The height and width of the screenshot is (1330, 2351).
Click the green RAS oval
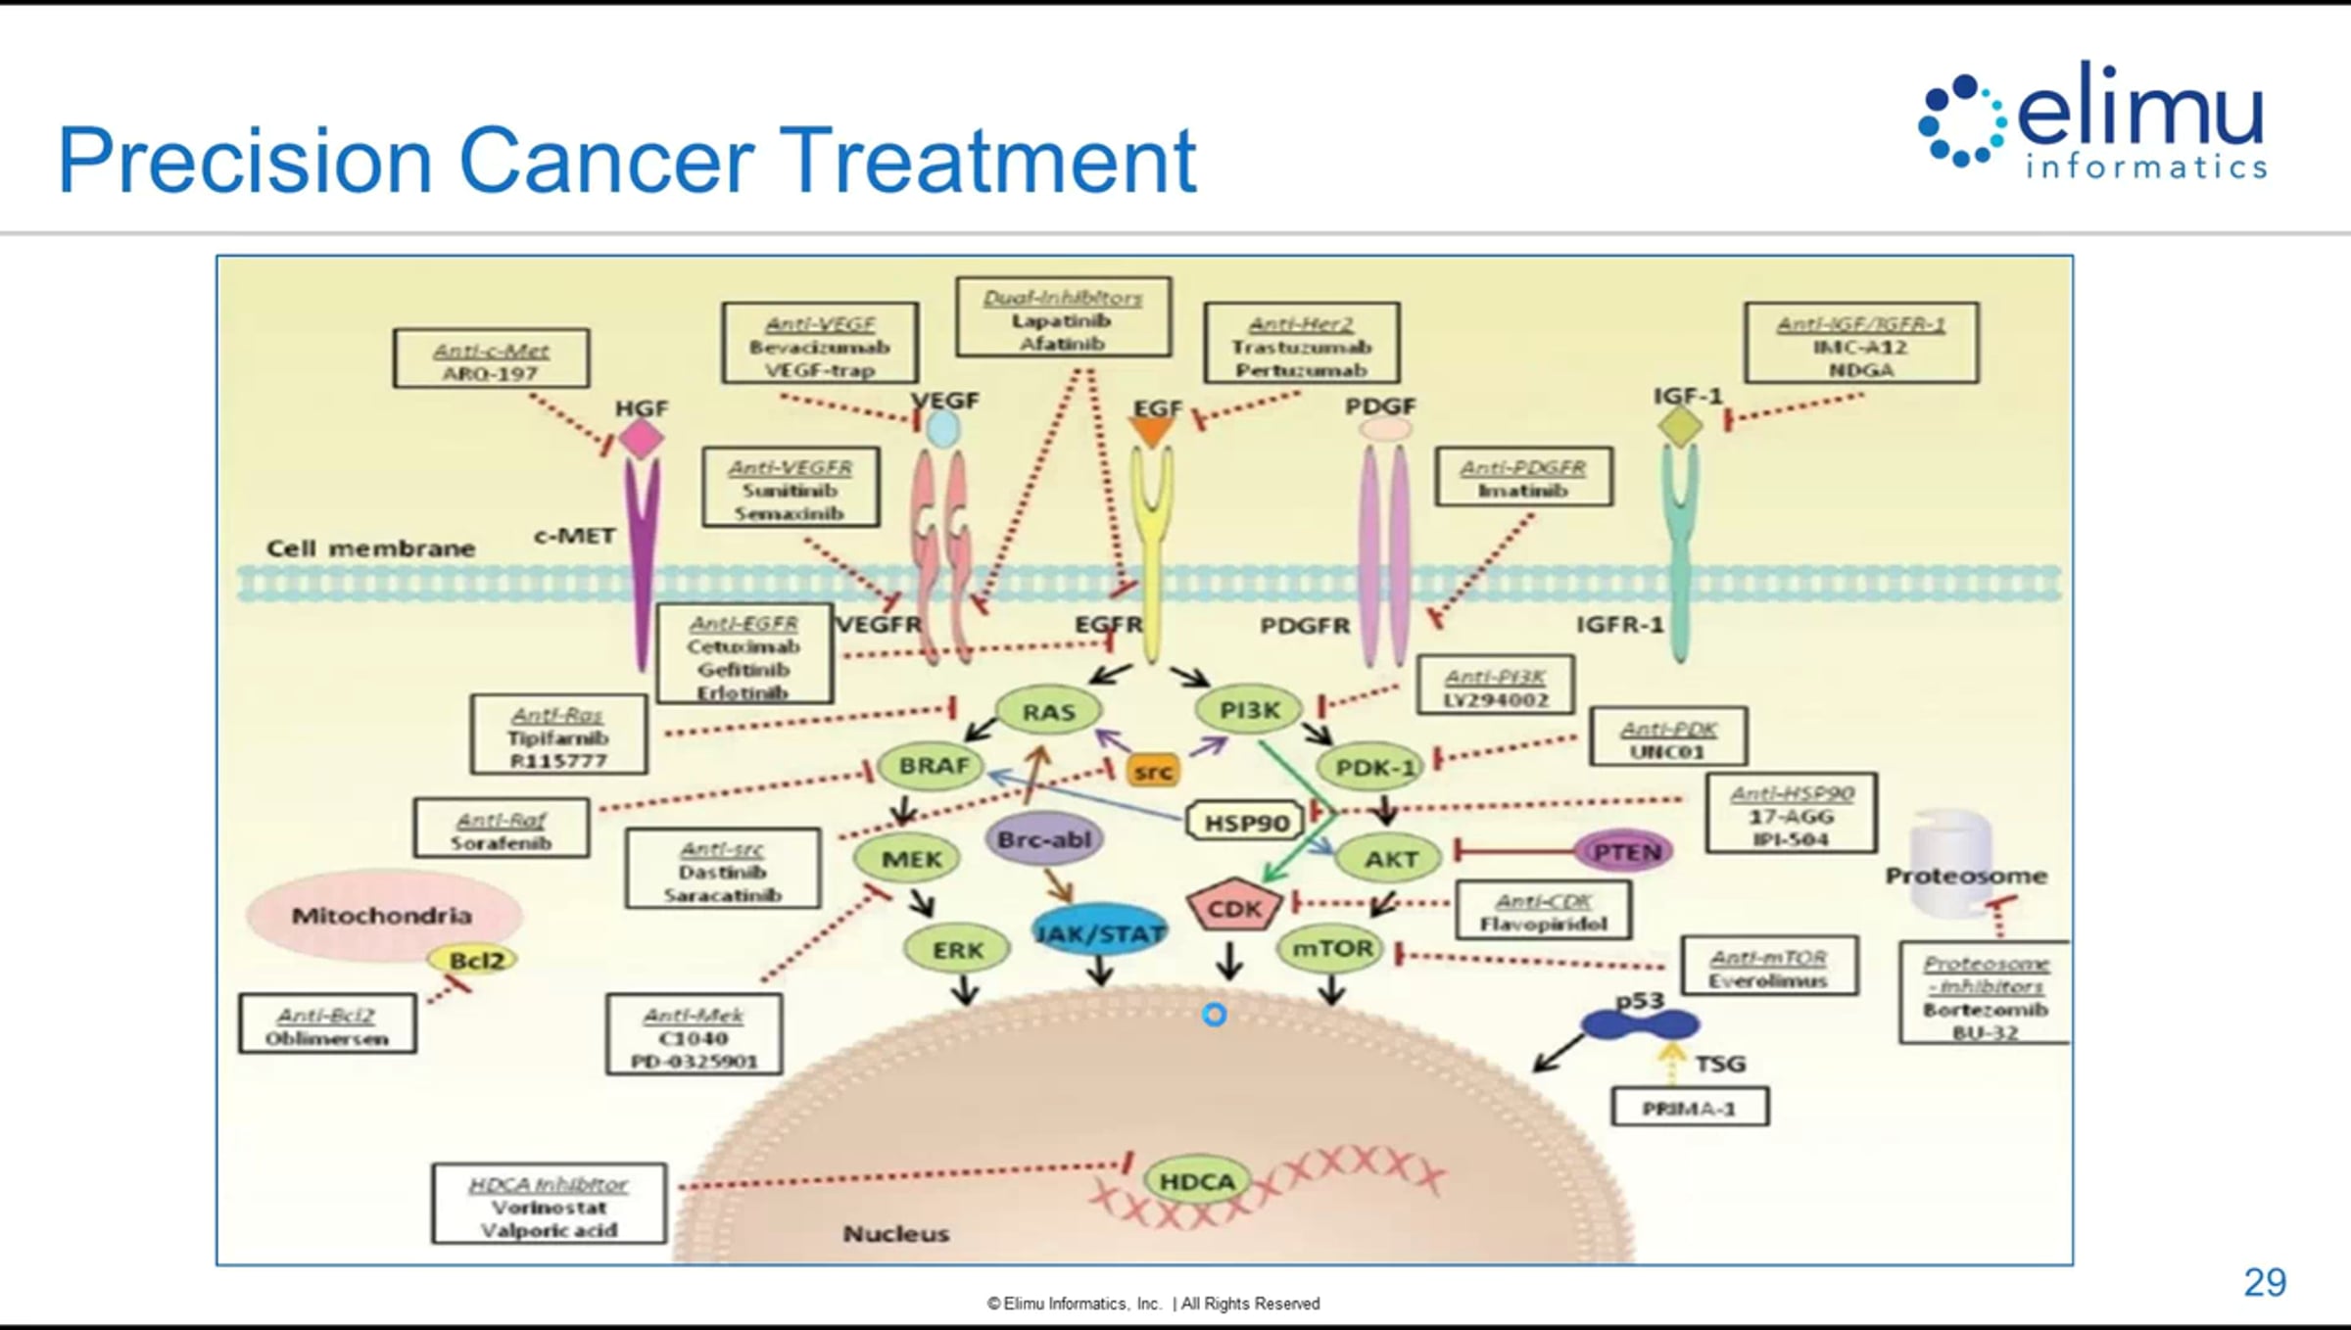[x=1048, y=711]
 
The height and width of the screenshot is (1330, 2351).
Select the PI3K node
[x=1249, y=709]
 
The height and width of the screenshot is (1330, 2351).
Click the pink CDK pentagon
[x=1233, y=908]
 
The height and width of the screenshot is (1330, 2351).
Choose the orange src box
[x=1152, y=771]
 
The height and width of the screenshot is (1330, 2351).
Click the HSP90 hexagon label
[x=1245, y=822]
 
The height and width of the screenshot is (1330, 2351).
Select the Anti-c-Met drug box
[x=491, y=359]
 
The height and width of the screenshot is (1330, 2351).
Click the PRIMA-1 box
[x=1690, y=1108]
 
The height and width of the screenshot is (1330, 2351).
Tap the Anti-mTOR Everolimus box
[x=1768, y=968]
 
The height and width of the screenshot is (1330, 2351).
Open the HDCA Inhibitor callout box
[x=549, y=1204]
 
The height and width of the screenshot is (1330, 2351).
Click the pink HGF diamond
[x=642, y=438]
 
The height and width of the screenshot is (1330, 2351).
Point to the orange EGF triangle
[x=1152, y=432]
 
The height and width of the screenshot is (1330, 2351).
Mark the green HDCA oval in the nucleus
[x=1197, y=1181]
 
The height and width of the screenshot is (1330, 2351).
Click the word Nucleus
[x=895, y=1233]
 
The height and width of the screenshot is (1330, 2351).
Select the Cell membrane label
[x=370, y=548]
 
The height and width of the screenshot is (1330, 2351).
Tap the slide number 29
[x=2265, y=1282]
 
